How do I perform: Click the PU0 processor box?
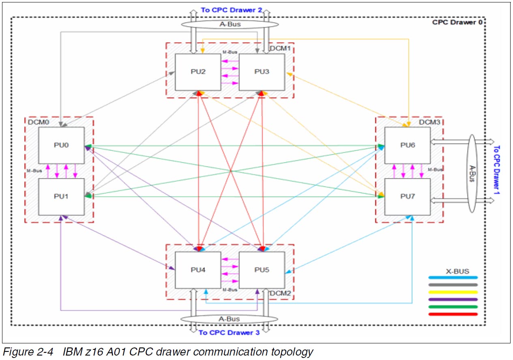(x=62, y=145)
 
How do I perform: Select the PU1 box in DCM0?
(x=62, y=196)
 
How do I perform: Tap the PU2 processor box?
(x=197, y=72)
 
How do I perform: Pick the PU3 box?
(x=262, y=72)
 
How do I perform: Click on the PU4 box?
(x=197, y=270)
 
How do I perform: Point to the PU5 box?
(x=262, y=270)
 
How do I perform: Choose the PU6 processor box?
(x=407, y=145)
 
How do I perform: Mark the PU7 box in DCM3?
(x=407, y=196)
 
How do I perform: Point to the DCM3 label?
(x=428, y=122)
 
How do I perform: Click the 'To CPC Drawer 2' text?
(x=231, y=10)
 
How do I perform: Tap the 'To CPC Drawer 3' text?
(x=229, y=332)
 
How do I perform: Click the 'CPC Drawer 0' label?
(x=457, y=22)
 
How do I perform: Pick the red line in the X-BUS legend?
(x=453, y=314)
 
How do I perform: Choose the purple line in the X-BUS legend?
(x=453, y=299)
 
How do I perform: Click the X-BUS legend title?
(x=457, y=271)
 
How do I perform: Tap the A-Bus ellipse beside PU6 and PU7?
(x=471, y=174)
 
